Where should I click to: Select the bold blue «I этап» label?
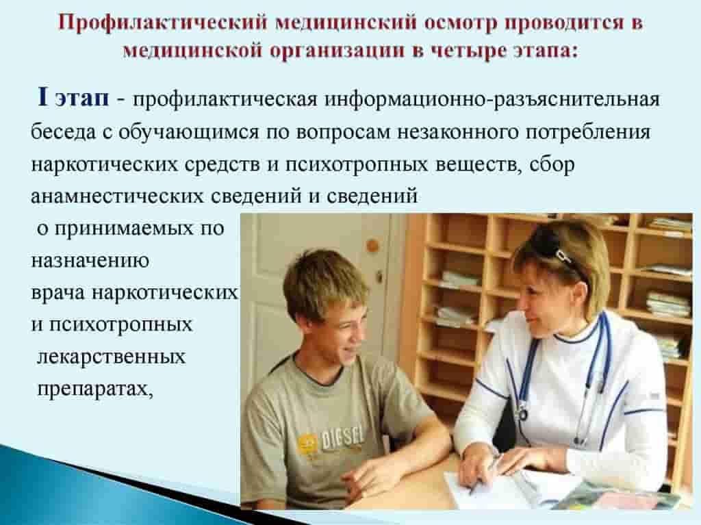(x=73, y=97)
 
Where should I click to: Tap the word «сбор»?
(x=552, y=164)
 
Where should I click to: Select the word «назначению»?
(x=90, y=261)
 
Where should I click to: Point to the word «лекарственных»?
(x=111, y=357)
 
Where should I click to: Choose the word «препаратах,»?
(x=95, y=389)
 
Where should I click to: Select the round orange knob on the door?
(x=372, y=246)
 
